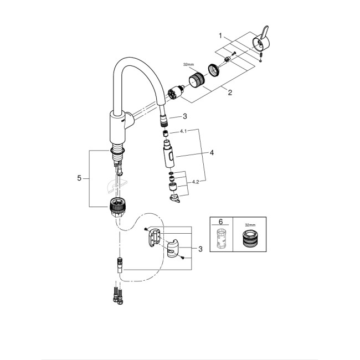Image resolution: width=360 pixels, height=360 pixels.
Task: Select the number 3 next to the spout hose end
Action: tap(186, 116)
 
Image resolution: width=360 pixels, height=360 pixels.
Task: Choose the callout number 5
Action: tap(80, 178)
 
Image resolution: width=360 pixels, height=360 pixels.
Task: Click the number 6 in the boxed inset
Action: tap(222, 222)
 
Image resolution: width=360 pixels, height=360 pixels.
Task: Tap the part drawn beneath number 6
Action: tap(222, 241)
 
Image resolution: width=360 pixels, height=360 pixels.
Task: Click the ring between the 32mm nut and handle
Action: tap(214, 70)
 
